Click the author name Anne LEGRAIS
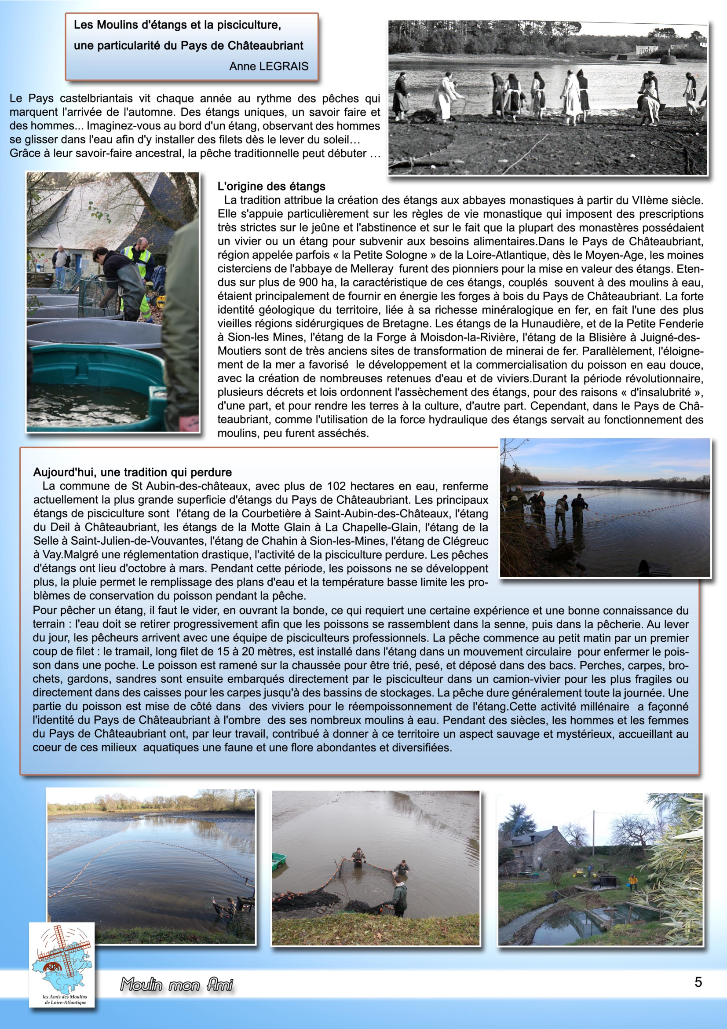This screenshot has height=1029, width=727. [269, 66]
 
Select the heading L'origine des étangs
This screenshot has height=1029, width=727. [271, 187]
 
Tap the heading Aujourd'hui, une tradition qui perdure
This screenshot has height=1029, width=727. [132, 472]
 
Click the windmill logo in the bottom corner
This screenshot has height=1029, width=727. [62, 963]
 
